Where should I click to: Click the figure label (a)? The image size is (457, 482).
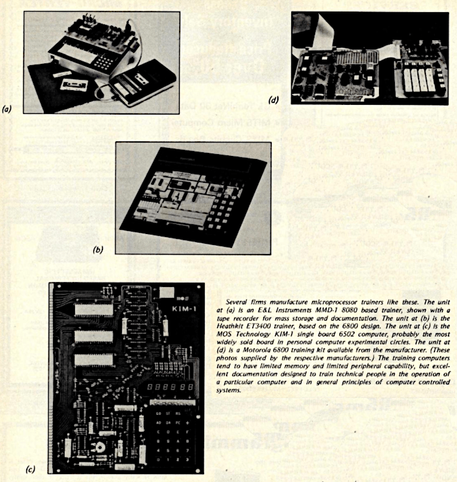pyautogui.click(x=7, y=110)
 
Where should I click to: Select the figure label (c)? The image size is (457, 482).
pyautogui.click(x=30, y=469)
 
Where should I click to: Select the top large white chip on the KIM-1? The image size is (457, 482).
pyautogui.click(x=93, y=309)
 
